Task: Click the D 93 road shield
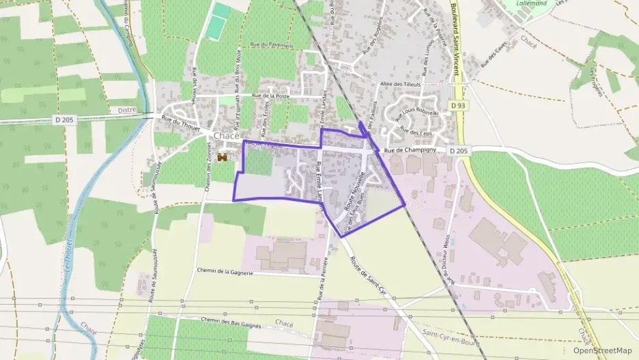tap(457, 105)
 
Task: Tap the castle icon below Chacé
tap(222, 158)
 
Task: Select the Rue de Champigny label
tap(410, 150)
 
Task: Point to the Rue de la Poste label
tap(271, 96)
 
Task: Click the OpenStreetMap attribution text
tap(602, 350)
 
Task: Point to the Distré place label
tap(128, 109)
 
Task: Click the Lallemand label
tap(533, 4)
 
